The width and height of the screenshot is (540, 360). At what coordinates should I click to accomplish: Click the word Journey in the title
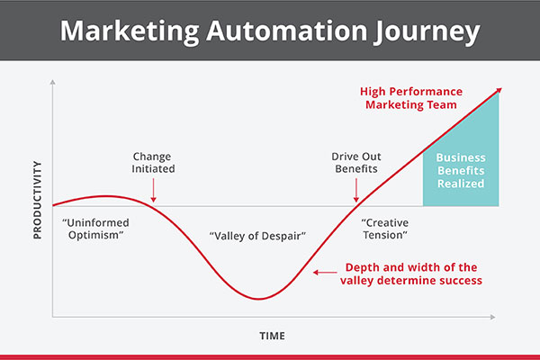[427, 32]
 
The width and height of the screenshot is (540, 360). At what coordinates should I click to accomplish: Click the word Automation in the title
[287, 31]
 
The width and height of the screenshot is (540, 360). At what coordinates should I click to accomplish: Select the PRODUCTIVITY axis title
[37, 200]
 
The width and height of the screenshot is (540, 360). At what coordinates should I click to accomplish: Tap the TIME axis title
[272, 336]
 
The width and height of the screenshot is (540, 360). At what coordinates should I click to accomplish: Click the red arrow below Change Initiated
[154, 190]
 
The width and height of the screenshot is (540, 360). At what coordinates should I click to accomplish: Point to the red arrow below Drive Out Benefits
[356, 190]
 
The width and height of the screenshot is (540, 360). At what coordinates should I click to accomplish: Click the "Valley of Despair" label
[257, 236]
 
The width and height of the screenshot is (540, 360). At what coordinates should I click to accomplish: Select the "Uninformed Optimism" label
[95, 229]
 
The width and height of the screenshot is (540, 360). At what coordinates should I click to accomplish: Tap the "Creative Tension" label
[385, 229]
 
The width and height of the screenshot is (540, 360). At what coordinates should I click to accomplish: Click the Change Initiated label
[153, 163]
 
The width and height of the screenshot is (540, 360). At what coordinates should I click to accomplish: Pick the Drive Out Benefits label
[356, 163]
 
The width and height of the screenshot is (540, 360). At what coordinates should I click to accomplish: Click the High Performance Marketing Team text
[411, 98]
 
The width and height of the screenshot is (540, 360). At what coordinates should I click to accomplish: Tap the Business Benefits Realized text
[461, 170]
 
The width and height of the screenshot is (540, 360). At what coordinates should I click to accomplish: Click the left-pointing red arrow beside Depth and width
[325, 273]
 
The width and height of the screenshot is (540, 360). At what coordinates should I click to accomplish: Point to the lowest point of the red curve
[258, 299]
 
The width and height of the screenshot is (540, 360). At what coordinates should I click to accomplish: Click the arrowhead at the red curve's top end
[499, 91]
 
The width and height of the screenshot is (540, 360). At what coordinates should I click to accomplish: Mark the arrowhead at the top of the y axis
[53, 82]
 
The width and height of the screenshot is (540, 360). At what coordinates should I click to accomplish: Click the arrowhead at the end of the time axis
[493, 317]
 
